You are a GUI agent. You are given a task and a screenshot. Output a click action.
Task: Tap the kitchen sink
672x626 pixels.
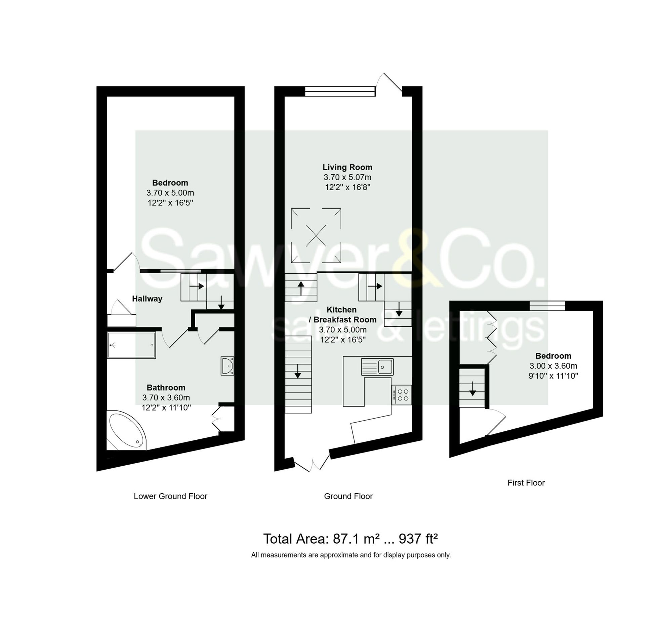(377, 366)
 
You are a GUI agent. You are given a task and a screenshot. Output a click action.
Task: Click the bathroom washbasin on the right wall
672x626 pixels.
(227, 365)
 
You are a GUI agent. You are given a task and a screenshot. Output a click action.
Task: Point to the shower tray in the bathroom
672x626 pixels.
(131, 345)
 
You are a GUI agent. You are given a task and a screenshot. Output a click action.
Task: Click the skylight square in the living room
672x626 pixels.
(316, 235)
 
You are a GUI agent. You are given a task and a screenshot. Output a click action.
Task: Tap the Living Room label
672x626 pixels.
(347, 167)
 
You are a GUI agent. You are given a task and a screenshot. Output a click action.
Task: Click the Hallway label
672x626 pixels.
(147, 299)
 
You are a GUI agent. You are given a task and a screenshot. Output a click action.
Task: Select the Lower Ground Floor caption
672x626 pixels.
(170, 496)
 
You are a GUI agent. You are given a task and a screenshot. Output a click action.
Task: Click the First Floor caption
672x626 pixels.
(526, 482)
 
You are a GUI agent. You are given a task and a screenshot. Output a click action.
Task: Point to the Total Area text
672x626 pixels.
(350, 539)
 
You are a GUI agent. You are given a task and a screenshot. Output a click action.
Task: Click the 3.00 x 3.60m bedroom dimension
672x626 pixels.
(553, 365)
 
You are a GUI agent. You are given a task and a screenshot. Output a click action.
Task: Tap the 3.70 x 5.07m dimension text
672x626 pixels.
(347, 177)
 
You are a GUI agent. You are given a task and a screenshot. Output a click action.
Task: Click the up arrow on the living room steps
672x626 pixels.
(301, 288)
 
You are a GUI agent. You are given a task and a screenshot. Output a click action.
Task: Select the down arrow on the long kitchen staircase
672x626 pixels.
(297, 371)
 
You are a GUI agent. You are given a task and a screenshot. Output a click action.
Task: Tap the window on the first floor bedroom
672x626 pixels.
(547, 306)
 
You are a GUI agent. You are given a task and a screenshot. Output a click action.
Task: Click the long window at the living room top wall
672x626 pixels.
(340, 91)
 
